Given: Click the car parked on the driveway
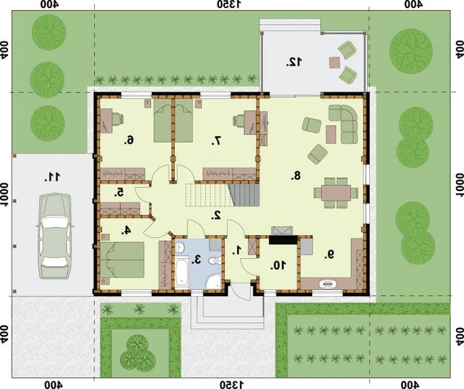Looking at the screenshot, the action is [55, 236].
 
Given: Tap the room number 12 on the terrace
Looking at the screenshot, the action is [294, 62].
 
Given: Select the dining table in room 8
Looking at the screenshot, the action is [336, 193].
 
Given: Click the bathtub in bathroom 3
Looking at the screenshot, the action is [182, 272].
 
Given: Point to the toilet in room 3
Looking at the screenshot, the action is [214, 261].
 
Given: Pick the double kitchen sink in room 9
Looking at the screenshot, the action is [328, 284].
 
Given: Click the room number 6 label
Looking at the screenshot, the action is [129, 140].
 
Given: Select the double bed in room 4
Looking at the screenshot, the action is [122, 260].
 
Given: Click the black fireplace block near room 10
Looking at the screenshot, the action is [283, 240].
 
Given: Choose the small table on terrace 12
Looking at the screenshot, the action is [335, 62].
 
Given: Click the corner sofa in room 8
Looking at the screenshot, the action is [345, 124].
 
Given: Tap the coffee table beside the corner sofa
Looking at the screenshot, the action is [331, 134].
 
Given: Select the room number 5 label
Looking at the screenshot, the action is [119, 193].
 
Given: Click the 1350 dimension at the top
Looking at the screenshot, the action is [229, 5].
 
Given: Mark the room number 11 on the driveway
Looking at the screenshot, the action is [52, 177].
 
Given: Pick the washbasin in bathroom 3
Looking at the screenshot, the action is [180, 248].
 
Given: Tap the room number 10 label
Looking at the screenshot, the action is [278, 266].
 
